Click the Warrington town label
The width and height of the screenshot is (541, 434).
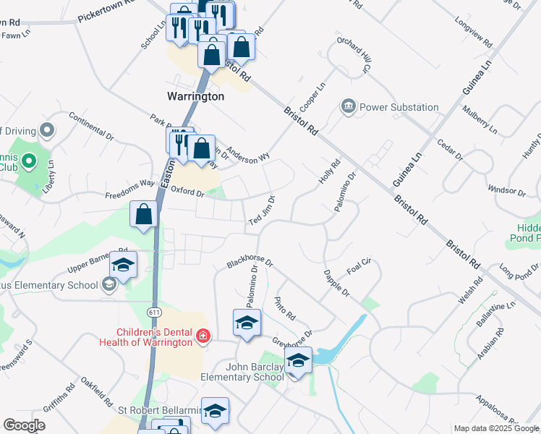pyautogui.click(x=195, y=95)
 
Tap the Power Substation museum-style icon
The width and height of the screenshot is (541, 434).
pyautogui.click(x=349, y=107)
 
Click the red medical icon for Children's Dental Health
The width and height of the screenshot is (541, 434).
pyautogui.click(x=203, y=336)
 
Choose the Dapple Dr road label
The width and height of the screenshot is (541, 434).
pyautogui.click(x=337, y=284)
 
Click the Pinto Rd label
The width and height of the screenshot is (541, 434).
pyautogui.click(x=286, y=307)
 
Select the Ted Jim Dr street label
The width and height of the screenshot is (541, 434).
pyautogui.click(x=262, y=210)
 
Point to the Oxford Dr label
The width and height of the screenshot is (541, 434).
pyautogui.click(x=188, y=192)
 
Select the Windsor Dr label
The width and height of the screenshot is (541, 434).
pyautogui.click(x=506, y=191)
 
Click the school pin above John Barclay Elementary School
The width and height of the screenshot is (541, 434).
pyautogui.click(x=297, y=359)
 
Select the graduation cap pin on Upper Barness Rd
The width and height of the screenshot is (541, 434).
pyautogui.click(x=123, y=265)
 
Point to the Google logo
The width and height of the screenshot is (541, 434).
pyautogui.click(x=25, y=425)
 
